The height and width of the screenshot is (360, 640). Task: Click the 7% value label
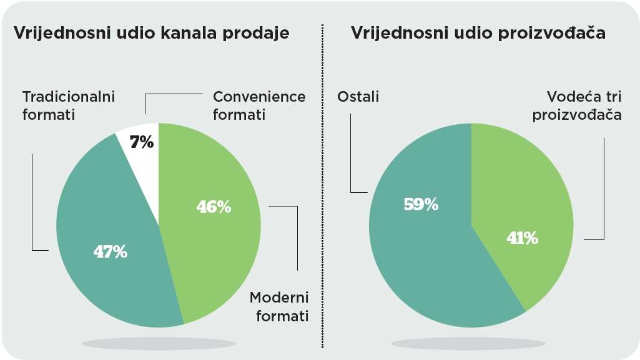point(142,142)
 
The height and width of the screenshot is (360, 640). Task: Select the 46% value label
point(214,207)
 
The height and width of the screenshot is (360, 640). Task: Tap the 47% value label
point(110,252)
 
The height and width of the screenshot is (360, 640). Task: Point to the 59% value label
point(421,204)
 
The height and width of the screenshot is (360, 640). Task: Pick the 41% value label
point(523,238)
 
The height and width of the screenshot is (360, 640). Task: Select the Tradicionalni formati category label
point(69,105)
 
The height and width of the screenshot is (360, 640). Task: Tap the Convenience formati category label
point(259,105)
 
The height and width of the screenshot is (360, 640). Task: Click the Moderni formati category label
point(279,306)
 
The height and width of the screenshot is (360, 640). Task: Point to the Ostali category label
point(358,97)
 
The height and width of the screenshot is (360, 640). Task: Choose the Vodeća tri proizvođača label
point(577,105)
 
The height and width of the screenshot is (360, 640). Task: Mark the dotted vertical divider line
point(322,186)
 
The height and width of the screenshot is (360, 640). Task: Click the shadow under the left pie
point(159,343)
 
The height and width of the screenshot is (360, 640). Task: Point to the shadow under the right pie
point(468,343)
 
